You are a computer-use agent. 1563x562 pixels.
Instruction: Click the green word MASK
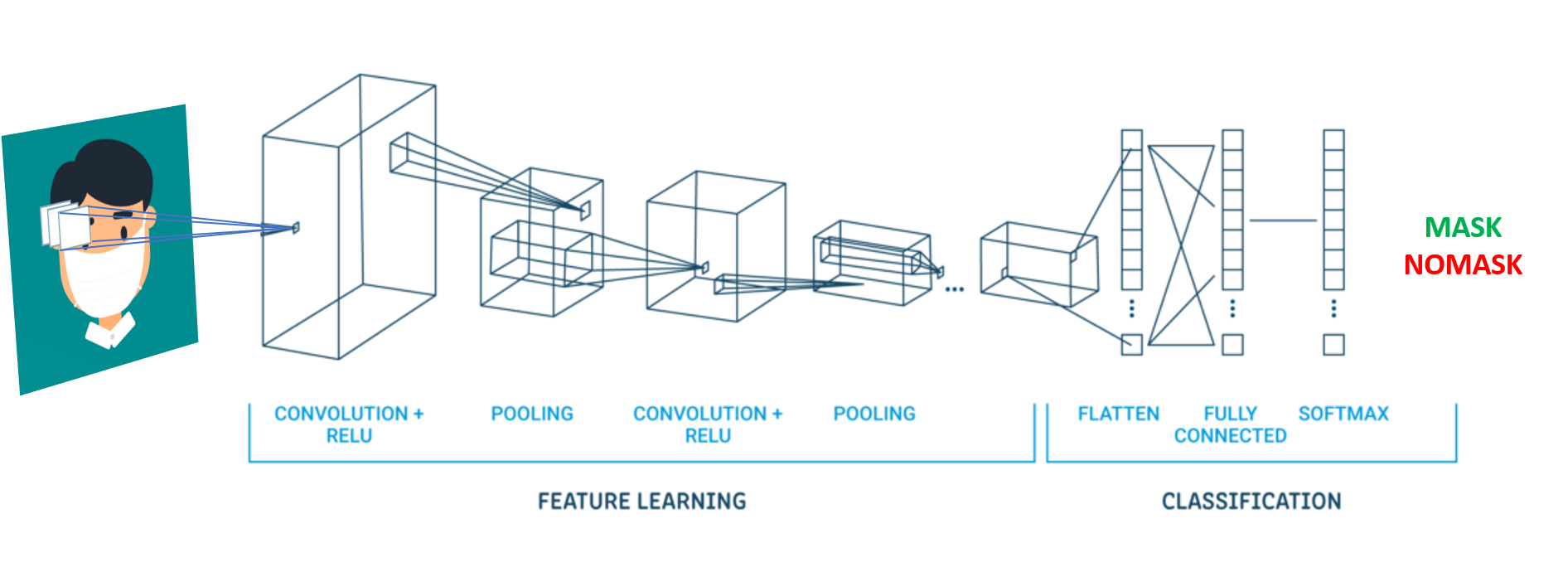(1463, 227)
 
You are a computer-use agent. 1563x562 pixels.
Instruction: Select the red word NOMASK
(1463, 264)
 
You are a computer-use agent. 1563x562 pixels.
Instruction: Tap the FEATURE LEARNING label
(641, 501)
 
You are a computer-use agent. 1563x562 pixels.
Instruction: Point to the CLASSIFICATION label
(1251, 501)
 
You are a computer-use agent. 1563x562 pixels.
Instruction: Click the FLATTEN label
(1118, 414)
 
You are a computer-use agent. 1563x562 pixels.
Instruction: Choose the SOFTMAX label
(1343, 414)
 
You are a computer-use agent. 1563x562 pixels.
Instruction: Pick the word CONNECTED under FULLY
(1230, 435)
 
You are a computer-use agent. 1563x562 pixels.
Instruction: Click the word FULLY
(1230, 413)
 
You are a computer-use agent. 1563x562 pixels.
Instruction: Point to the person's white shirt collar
(109, 334)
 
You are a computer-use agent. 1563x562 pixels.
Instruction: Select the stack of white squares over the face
(62, 225)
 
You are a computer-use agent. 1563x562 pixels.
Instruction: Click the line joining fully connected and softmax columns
(1283, 220)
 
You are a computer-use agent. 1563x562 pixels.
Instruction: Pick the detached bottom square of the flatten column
(1131, 344)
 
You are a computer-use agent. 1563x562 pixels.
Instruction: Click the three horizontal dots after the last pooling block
(955, 289)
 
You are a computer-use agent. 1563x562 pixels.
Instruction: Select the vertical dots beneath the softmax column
(1333, 308)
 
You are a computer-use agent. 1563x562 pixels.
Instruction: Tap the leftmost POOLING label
(531, 414)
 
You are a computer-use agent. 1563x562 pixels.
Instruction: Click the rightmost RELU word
(707, 435)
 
